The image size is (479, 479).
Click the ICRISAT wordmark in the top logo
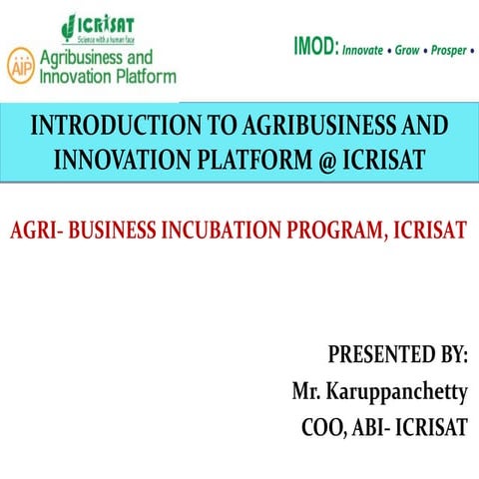(107, 22)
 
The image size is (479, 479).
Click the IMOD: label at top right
(315, 45)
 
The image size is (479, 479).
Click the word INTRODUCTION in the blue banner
(110, 127)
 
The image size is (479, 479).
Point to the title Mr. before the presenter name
(308, 391)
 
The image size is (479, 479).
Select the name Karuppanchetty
(399, 391)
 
